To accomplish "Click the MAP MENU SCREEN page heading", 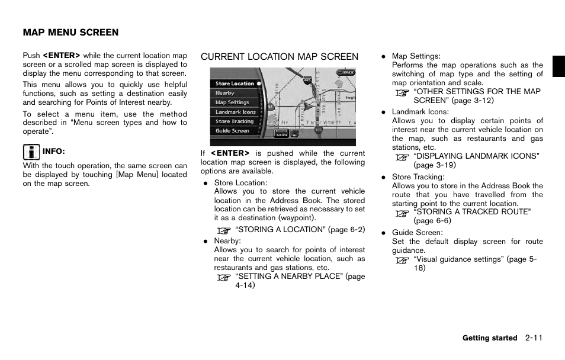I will click(x=70, y=33).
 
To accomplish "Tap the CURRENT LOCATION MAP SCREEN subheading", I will click(x=279, y=57).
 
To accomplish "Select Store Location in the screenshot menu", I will click(x=235, y=83).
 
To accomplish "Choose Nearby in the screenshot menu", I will click(x=225, y=93).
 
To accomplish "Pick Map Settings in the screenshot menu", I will click(x=232, y=102).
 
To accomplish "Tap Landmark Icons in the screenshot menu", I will click(x=236, y=112).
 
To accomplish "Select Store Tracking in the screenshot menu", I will click(x=235, y=121).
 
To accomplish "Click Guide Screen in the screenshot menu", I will click(x=232, y=131).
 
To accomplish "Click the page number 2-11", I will click(x=534, y=338).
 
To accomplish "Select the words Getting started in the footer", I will click(x=490, y=338).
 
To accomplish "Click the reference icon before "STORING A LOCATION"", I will click(x=223, y=230).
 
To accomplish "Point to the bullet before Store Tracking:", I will click(x=384, y=177).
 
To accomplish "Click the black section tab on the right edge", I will click(x=558, y=66).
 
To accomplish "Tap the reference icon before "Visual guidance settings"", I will click(x=402, y=260).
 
